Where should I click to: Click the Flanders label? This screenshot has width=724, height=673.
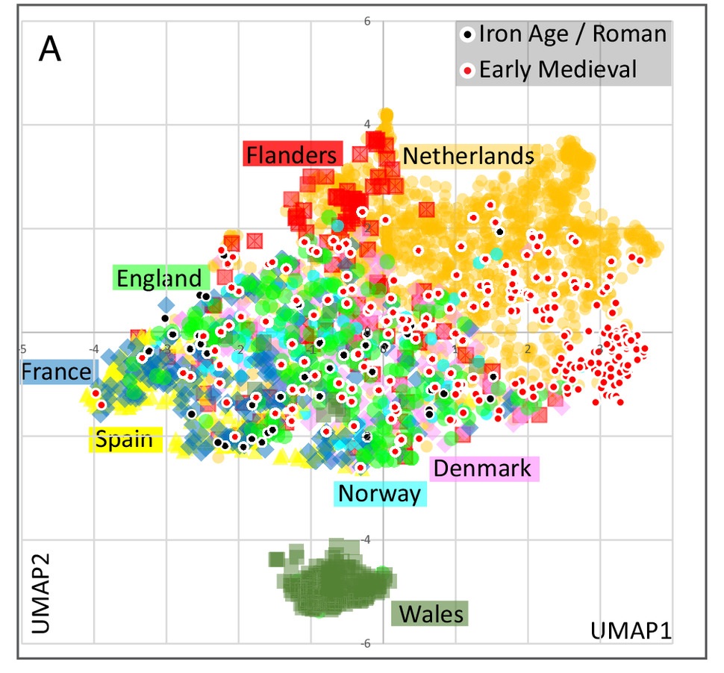(x=292, y=155)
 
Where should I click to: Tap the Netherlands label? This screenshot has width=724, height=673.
(x=468, y=156)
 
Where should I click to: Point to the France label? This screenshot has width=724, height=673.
(x=56, y=372)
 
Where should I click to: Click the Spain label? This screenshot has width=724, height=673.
(x=125, y=440)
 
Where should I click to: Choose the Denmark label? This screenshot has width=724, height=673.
(x=482, y=469)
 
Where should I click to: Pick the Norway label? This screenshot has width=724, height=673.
(x=379, y=493)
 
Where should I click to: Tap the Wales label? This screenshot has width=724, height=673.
(x=431, y=615)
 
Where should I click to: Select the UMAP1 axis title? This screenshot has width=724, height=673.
(x=631, y=630)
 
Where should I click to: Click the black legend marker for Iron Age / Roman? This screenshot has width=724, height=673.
(x=468, y=34)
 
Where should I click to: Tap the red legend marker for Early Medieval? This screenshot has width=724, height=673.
(x=468, y=71)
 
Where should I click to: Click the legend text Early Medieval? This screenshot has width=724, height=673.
(x=558, y=70)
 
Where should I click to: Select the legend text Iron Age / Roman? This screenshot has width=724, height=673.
(x=572, y=34)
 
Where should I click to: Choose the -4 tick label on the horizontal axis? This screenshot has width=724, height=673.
(x=93, y=348)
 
